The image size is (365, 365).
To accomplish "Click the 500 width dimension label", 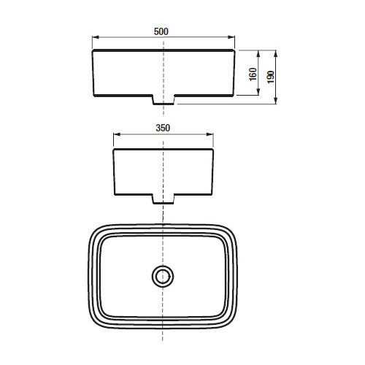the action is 161,31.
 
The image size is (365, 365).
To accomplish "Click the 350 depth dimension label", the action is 163,128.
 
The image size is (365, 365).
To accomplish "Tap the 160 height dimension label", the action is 253,74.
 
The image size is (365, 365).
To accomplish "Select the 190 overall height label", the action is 271,77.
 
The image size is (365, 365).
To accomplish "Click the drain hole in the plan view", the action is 163,276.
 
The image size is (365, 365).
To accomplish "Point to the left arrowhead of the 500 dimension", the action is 96,37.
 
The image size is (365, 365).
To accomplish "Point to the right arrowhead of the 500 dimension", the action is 231,37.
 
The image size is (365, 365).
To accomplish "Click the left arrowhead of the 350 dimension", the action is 117,134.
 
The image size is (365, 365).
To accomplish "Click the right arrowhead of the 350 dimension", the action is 210,134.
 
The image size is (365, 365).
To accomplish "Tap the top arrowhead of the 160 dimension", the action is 258,54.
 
